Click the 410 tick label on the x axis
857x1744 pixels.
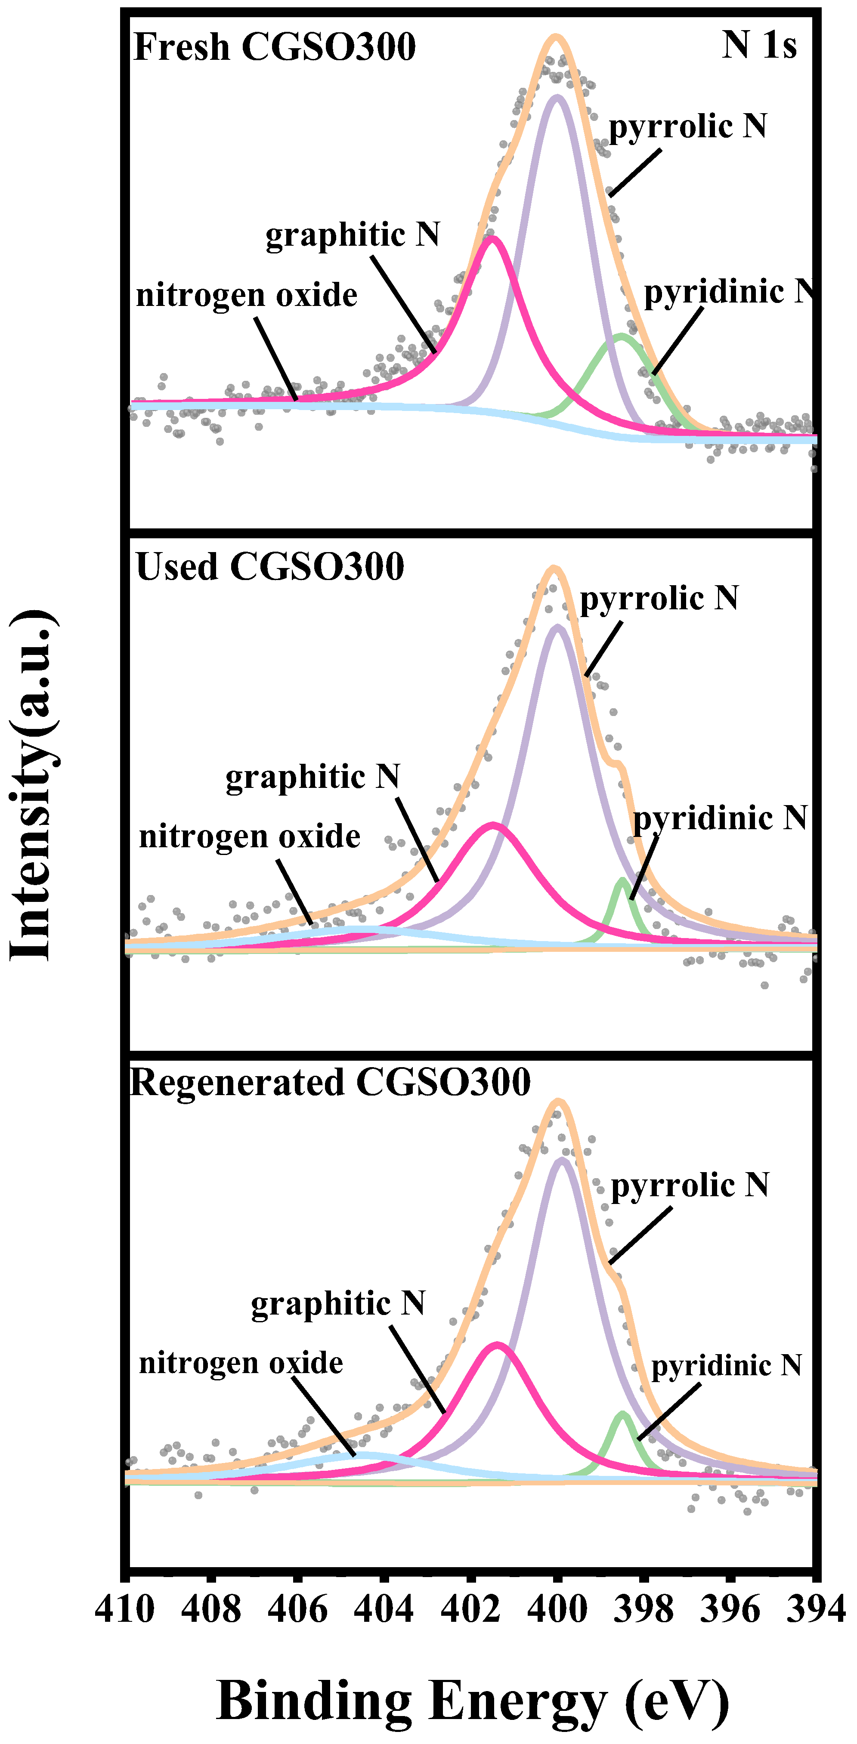click(x=125, y=1609)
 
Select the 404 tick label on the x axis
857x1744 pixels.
click(x=384, y=1609)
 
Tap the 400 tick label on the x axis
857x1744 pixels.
click(x=557, y=1609)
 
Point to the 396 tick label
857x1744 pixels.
click(x=730, y=1609)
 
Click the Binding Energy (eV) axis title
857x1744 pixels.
click(x=472, y=1701)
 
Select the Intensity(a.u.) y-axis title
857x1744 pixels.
click(x=32, y=785)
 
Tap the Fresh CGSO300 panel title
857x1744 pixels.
click(x=274, y=47)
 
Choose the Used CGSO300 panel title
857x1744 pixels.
click(x=269, y=567)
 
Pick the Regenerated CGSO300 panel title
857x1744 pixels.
click(x=330, y=1083)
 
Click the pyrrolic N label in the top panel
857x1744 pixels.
click(x=687, y=127)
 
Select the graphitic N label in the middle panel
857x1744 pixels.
click(x=312, y=777)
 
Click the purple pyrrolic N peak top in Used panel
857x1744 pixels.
click(x=557, y=627)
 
